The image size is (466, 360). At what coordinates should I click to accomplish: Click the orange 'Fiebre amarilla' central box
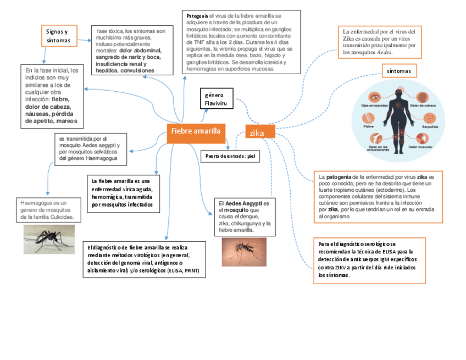click(x=195, y=131)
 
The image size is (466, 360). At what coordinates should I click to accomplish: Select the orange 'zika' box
click(x=259, y=132)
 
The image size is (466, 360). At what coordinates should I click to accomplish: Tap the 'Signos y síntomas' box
click(x=59, y=36)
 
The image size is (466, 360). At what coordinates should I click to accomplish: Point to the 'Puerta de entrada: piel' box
click(x=230, y=156)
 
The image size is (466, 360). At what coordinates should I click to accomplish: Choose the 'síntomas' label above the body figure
click(x=399, y=71)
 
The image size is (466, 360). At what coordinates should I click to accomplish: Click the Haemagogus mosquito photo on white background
click(x=48, y=238)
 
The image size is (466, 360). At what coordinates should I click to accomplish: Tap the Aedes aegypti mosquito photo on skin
click(x=243, y=252)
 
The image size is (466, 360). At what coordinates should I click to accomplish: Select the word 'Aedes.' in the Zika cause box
click(x=385, y=53)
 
